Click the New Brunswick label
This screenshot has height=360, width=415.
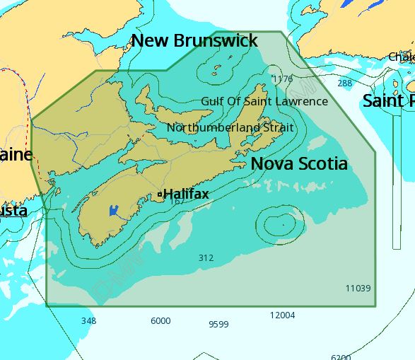[194, 40]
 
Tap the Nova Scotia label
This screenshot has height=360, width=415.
[299, 163]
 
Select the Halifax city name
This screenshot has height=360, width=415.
[186, 193]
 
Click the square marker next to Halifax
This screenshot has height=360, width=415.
[160, 194]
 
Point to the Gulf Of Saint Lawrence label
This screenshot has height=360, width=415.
[264, 101]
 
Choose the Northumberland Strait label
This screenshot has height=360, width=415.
[230, 128]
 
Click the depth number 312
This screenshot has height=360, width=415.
[206, 258]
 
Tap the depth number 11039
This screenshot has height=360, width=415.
[358, 288]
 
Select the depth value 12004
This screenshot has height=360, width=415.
[282, 315]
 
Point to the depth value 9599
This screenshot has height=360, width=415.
[218, 324]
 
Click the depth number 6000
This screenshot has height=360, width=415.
[160, 321]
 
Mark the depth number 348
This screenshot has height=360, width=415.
[88, 321]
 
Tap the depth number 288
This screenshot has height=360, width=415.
[344, 83]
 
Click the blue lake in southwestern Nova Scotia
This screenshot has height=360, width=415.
[113, 210]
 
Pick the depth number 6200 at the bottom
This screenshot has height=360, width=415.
[341, 357]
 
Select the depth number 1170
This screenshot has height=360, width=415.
[281, 79]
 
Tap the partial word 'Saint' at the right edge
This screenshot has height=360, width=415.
[388, 100]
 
